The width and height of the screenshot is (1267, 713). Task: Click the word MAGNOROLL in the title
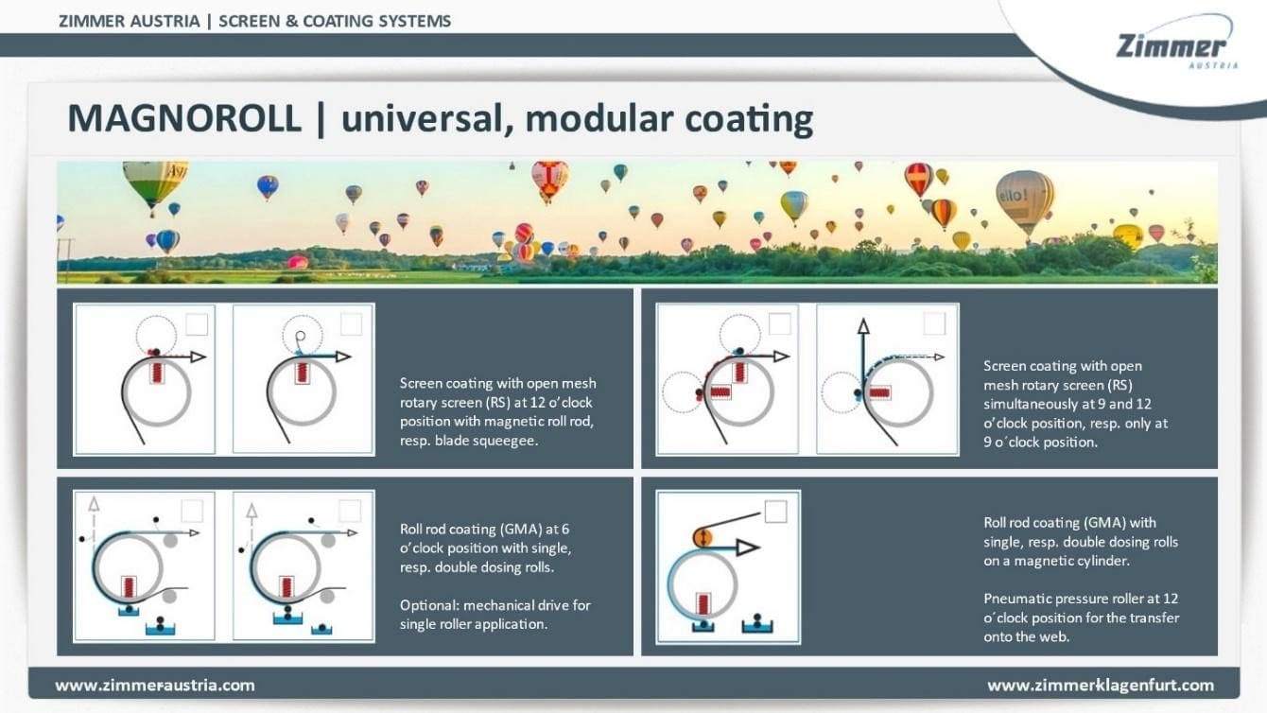[x=183, y=119]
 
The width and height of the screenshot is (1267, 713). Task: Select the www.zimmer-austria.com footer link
[x=154, y=686]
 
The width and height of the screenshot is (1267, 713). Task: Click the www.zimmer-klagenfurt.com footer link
[x=1101, y=686]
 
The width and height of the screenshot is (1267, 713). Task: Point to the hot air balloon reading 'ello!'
[x=1025, y=200]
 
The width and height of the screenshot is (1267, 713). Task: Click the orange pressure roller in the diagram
[x=703, y=536]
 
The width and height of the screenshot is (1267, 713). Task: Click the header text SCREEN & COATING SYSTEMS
[x=335, y=22]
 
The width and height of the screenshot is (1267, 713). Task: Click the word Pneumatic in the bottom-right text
[x=1014, y=599]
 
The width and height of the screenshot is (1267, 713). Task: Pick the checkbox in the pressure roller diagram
[x=775, y=512]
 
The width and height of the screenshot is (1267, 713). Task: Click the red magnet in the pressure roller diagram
[x=703, y=604]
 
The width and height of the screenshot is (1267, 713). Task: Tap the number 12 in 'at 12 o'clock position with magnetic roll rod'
[x=538, y=402]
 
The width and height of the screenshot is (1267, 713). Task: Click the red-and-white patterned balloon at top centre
[x=549, y=180]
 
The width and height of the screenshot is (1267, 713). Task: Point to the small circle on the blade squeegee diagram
[x=301, y=336]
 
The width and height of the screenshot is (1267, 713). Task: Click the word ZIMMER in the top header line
[x=91, y=22]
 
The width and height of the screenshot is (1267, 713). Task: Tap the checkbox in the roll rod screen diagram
[x=197, y=324]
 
